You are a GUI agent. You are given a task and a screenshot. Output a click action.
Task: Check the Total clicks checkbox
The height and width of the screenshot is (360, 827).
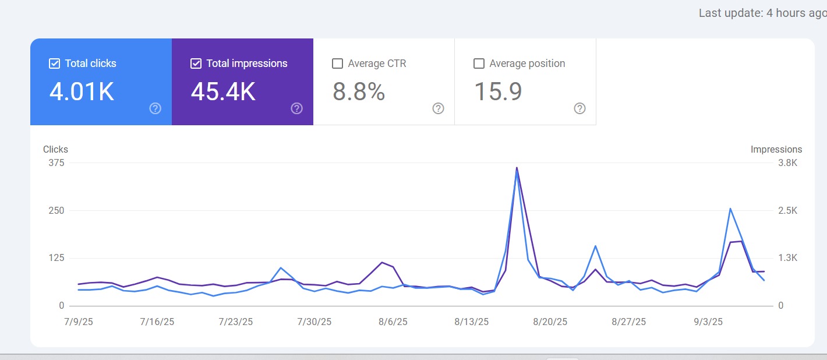coord(54,63)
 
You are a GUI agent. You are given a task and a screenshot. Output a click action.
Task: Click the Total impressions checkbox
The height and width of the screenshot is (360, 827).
coord(196,63)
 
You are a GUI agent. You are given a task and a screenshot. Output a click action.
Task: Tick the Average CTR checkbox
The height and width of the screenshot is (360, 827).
coord(337,63)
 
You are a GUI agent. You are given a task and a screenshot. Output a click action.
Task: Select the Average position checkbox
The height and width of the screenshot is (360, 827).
coord(479,63)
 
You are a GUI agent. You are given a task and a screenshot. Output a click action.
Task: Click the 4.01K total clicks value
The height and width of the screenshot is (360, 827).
coord(82,92)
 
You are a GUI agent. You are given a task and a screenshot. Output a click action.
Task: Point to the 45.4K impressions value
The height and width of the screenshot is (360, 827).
coord(223,92)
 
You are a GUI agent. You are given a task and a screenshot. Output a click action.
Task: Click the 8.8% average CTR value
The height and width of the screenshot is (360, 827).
coord(359,92)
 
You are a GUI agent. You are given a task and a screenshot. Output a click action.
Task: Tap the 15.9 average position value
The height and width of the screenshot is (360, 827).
coord(498,92)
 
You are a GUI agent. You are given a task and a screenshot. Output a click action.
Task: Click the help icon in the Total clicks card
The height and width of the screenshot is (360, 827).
coord(155,108)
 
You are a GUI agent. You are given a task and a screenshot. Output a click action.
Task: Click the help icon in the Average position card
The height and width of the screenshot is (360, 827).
coord(579,108)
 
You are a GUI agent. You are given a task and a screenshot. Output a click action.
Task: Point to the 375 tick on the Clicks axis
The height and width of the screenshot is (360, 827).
coord(56,163)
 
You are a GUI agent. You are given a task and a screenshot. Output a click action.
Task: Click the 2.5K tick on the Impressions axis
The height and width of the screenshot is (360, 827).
coord(787,211)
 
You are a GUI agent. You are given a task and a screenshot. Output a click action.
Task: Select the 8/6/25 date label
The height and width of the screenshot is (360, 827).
coord(394,322)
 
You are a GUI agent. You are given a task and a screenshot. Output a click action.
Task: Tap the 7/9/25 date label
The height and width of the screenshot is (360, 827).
coord(78,322)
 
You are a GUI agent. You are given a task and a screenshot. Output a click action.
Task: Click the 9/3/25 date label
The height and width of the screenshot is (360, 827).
coord(708,322)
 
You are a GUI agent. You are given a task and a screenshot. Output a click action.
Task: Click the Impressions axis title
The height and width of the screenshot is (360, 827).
coord(776,150)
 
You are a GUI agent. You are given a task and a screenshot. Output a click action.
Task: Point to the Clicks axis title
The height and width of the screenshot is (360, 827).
coord(55,150)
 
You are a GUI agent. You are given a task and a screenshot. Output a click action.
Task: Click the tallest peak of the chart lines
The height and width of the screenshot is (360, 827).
coord(517,168)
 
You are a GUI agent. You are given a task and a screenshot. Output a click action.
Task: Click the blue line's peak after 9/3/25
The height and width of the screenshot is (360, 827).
coord(730,209)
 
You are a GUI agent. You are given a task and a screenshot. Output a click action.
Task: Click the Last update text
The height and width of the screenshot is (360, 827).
coord(762,13)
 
